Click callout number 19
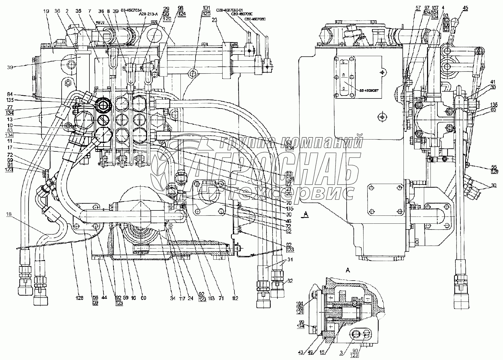(x=47, y=12)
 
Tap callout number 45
(x=465, y=8)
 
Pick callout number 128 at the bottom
(x=79, y=298)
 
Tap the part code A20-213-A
(x=148, y=14)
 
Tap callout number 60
(x=143, y=298)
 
